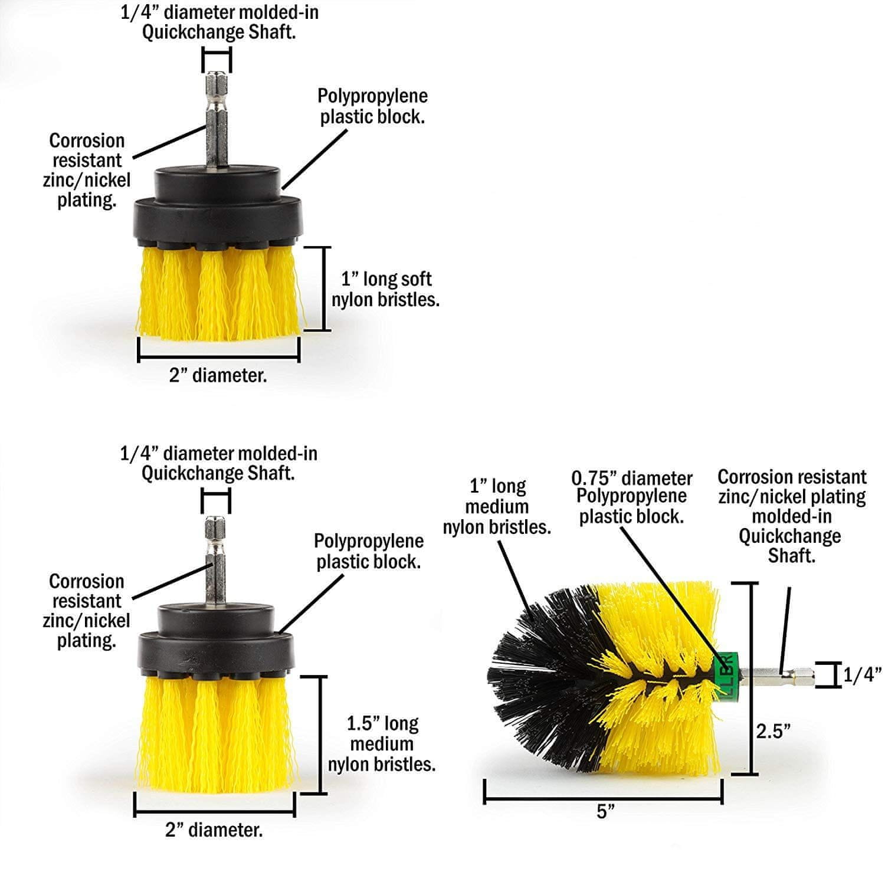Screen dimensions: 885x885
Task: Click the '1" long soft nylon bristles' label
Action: tap(385, 289)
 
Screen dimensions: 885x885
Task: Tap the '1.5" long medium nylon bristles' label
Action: tap(382, 743)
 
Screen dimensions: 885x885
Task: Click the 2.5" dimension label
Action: tap(773, 731)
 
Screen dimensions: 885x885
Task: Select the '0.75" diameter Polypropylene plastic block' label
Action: tap(631, 497)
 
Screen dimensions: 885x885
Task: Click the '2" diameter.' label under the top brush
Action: tap(218, 375)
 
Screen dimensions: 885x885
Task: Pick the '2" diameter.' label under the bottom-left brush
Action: tap(214, 830)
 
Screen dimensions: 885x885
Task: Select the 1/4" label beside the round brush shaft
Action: tap(862, 674)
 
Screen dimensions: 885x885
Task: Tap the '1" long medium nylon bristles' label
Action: tap(497, 506)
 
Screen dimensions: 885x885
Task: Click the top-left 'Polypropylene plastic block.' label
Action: tap(372, 106)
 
